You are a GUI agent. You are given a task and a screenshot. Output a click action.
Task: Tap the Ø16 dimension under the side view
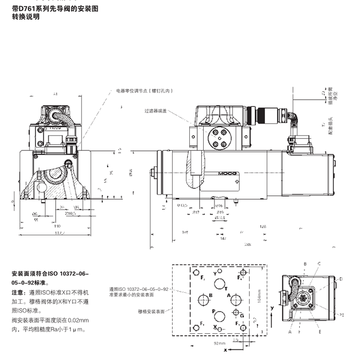tap(220, 206)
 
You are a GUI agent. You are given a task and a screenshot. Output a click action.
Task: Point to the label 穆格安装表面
tap(153, 312)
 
